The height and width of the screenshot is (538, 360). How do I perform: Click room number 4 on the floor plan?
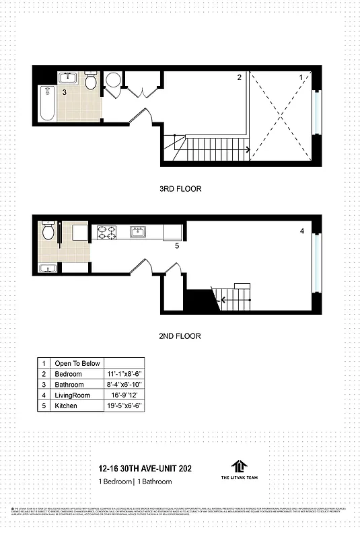coord(302,232)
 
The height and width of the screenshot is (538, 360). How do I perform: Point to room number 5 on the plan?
coord(177,247)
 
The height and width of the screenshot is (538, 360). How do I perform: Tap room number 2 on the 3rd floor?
coord(239,78)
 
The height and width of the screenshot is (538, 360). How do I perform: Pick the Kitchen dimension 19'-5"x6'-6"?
coord(124,406)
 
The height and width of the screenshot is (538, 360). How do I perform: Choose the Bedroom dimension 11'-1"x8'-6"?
coord(124,374)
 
